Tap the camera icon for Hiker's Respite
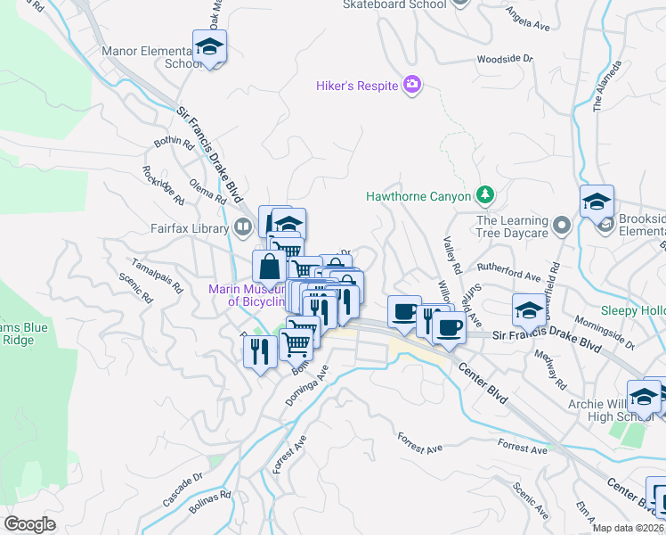point(411,86)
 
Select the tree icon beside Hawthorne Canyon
point(484,194)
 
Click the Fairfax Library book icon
point(242,228)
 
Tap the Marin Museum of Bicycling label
point(246,295)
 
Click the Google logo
point(30,524)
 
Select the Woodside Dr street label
point(504,59)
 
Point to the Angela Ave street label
point(528,15)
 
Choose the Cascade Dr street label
point(185,480)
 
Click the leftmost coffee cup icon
point(404,311)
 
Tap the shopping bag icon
point(269,266)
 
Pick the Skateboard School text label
point(394,4)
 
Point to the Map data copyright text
point(629,527)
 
